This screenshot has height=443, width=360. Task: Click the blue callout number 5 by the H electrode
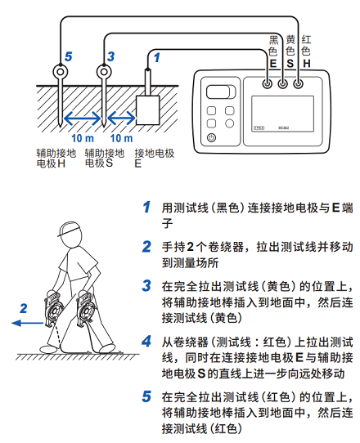pos(69,56)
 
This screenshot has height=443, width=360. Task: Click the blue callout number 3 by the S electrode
pos(110,56)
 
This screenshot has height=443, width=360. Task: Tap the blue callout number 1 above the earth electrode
pos(156,57)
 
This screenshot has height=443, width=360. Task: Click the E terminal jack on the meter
pos(267,83)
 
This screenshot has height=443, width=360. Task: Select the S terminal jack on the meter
pos(282,83)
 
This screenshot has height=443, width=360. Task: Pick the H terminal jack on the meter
pos(298,83)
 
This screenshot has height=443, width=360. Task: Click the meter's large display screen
pos(282,114)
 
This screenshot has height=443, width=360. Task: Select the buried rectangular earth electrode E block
pos(148,110)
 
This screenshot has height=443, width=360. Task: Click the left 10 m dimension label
pos(83,138)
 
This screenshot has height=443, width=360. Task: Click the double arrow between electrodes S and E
pos(121,118)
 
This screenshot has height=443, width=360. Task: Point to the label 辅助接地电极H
pos(56,159)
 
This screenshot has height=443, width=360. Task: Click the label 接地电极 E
pos(155,159)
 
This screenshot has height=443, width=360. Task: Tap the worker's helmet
pos(69,229)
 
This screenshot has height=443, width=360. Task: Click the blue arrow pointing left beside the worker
pos(28,323)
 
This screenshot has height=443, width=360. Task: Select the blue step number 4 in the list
pos(146,342)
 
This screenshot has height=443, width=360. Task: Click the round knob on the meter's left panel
pos(230,123)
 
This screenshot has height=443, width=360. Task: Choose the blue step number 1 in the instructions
pos(146,207)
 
